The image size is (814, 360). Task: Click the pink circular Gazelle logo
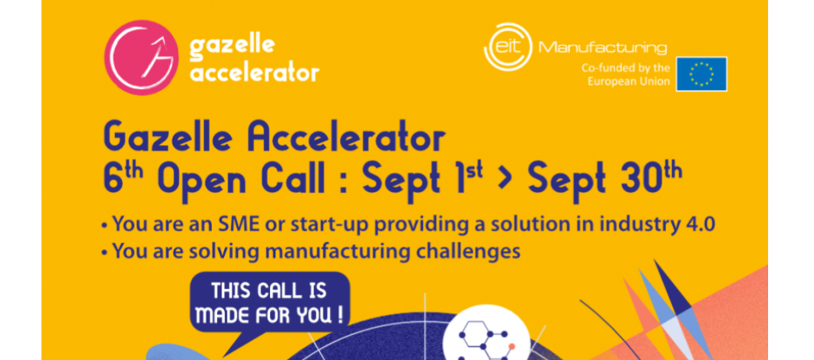[x=141, y=57]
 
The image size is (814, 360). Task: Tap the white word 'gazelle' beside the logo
[x=231, y=46]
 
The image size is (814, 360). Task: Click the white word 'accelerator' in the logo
[x=254, y=73]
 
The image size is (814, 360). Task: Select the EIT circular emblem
[x=508, y=46]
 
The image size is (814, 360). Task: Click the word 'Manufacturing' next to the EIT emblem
[x=603, y=48]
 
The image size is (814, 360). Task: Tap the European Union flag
[x=702, y=74]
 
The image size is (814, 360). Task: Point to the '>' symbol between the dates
[x=502, y=179]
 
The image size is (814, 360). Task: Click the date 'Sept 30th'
[x=605, y=178]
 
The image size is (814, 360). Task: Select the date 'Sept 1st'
[x=419, y=178]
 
